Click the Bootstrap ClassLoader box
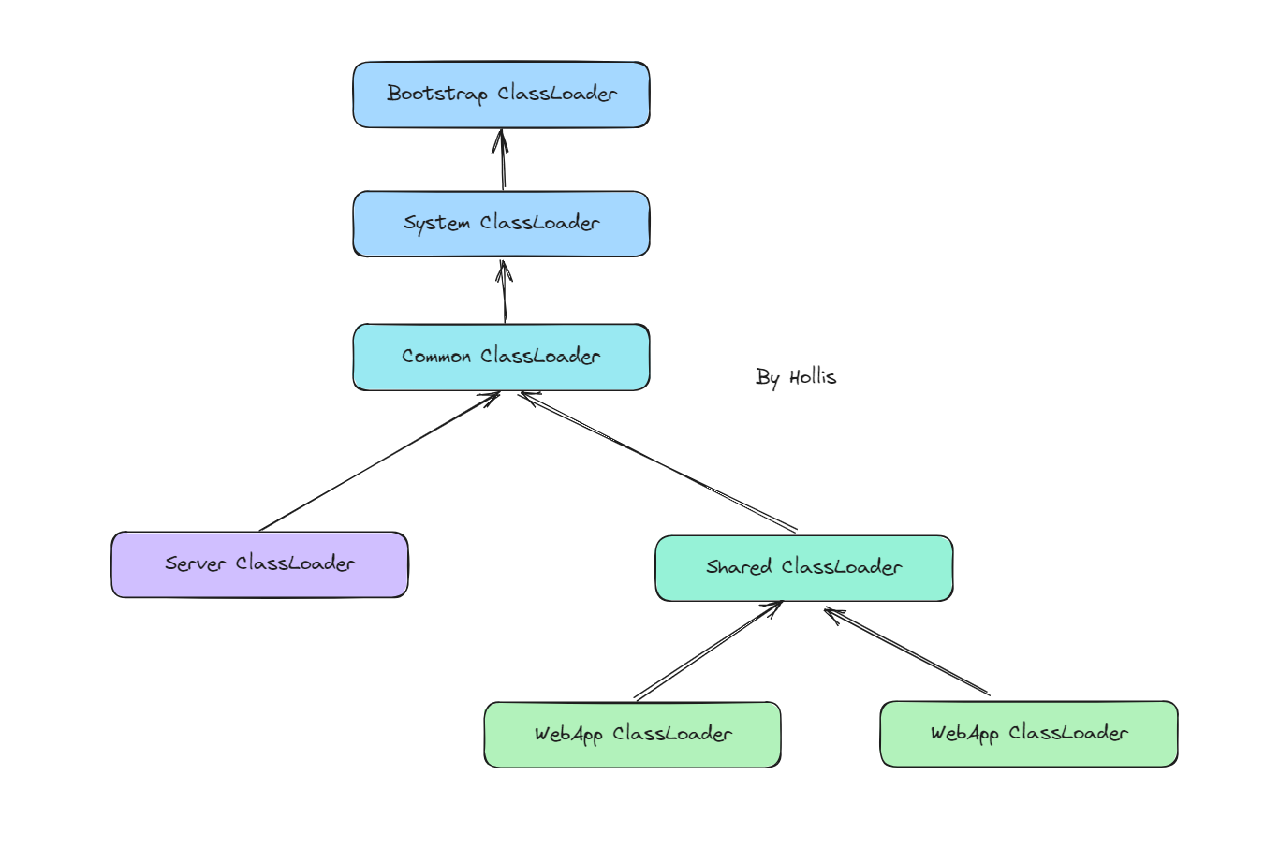coord(501,95)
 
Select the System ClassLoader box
coord(501,224)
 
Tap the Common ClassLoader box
coord(501,357)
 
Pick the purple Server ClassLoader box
coord(259,564)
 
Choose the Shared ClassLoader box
coord(803,568)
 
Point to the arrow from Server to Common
coord(379,461)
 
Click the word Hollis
coord(812,377)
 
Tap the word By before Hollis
coord(768,377)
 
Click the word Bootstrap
coord(436,94)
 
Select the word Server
coord(196,563)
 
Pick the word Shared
coord(739,567)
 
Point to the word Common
coord(435,357)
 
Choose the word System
coord(436,224)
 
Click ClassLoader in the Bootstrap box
coord(557,94)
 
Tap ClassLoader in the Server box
coord(295,563)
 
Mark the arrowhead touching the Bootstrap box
coord(501,138)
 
